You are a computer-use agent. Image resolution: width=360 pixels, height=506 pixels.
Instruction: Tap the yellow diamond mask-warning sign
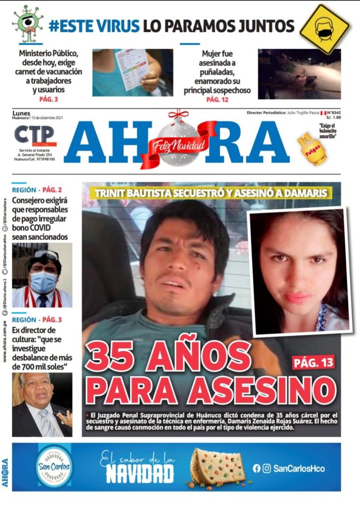324,29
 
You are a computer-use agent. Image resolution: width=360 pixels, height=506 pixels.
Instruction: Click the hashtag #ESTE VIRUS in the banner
94,26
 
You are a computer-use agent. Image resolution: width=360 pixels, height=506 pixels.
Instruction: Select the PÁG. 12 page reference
217,99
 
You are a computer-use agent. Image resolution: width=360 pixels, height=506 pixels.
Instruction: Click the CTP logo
34,136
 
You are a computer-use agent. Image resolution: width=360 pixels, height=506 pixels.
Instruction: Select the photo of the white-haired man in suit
42,404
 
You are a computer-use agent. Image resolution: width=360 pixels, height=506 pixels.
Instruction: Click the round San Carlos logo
54,466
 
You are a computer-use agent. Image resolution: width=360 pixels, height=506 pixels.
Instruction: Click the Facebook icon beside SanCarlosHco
256,468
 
